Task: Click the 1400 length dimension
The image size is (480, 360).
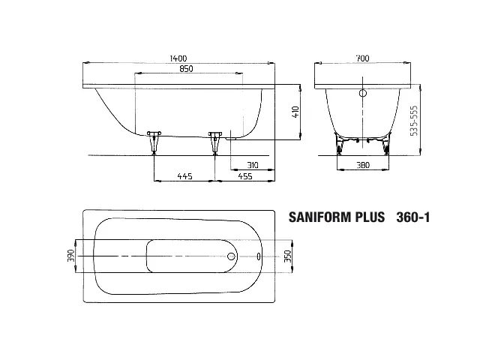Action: (178, 58)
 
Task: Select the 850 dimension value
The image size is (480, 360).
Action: (186, 69)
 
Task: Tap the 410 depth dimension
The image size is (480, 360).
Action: (295, 112)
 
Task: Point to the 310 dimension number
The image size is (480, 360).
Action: (253, 165)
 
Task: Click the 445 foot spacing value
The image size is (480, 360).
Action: (185, 176)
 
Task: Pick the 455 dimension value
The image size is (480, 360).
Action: (245, 176)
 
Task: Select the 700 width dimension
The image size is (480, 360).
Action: (362, 58)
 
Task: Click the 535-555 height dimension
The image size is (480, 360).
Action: (413, 121)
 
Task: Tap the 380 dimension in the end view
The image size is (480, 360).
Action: (363, 165)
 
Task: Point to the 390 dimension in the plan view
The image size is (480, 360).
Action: (71, 256)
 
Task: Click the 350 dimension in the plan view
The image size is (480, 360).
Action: (288, 256)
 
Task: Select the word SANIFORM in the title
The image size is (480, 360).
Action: (319, 217)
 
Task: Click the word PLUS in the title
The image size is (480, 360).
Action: (370, 217)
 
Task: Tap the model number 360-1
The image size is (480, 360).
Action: (413, 217)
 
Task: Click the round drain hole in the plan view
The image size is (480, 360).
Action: (232, 256)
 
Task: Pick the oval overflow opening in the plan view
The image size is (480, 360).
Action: (259, 256)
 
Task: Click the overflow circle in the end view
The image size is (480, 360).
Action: (363, 93)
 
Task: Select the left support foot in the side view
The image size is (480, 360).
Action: (154, 143)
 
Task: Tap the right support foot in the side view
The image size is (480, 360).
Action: (215, 143)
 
